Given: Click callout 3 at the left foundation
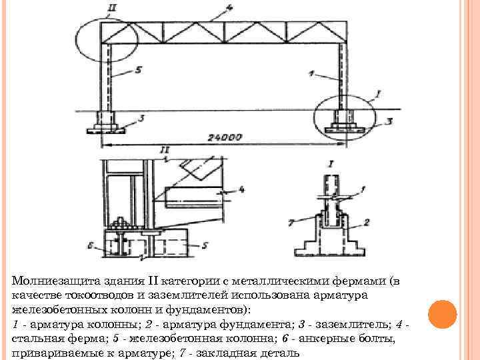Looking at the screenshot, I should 141,118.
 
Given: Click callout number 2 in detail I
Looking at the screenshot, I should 367,221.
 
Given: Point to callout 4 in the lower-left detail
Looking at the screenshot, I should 241,189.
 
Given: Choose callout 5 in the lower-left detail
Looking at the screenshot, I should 204,246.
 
